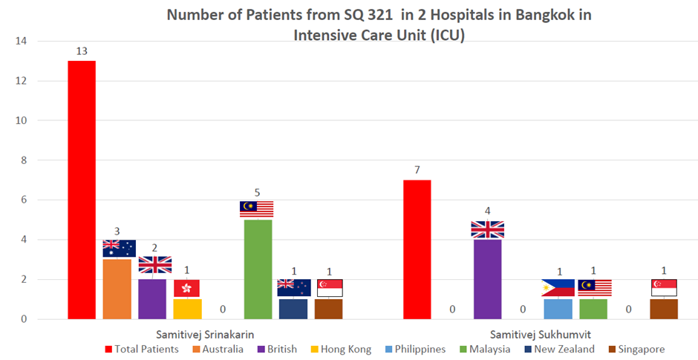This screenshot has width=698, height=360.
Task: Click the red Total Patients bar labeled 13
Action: [x=82, y=190]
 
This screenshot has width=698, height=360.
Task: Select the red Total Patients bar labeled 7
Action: [x=417, y=249]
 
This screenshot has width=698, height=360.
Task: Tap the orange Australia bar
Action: [x=117, y=289]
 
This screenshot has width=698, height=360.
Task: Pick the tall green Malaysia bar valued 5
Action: [x=258, y=269]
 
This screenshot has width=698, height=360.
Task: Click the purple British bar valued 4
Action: [x=487, y=279]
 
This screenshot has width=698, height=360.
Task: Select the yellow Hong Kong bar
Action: [x=187, y=310]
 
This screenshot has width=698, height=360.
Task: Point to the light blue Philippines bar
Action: [x=558, y=310]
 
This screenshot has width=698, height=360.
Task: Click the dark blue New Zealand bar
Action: [x=293, y=310]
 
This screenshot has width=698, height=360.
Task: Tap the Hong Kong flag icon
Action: [x=186, y=288]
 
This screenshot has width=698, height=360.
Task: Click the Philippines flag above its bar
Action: [x=558, y=288]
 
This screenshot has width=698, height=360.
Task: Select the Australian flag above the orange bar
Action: [x=120, y=249]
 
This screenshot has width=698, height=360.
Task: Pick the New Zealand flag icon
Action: [x=294, y=287]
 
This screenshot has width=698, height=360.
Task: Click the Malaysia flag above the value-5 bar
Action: [x=256, y=209]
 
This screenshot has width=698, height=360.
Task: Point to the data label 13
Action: [x=82, y=51]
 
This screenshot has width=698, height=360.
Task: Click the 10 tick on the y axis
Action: [x=21, y=120]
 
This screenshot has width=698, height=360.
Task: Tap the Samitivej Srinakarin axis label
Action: [x=205, y=335]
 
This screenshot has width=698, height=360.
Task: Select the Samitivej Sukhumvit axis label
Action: [x=541, y=335]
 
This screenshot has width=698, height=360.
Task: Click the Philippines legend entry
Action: [x=415, y=350]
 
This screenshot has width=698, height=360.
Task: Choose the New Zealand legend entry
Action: [x=560, y=350]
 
